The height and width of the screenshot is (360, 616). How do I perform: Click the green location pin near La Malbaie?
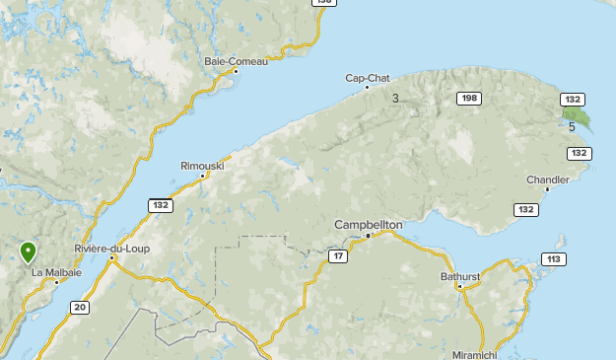pyautogui.click(x=28, y=253)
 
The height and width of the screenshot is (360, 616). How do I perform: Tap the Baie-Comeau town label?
pyautogui.click(x=236, y=61)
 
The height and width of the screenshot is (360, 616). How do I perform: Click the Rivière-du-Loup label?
pyautogui.click(x=111, y=249)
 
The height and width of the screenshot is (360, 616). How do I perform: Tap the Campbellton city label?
pyautogui.click(x=369, y=225)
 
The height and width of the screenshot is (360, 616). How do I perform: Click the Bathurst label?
pyautogui.click(x=459, y=277)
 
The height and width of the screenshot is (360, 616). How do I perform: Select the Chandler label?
pyautogui.click(x=547, y=180)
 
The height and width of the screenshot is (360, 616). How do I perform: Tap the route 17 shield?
pyautogui.click(x=338, y=257)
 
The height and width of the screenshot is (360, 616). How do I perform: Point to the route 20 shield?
pyautogui.click(x=79, y=308)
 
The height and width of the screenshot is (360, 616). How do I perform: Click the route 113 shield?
pyautogui.click(x=552, y=259)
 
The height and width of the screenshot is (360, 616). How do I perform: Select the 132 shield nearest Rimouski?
pyautogui.click(x=161, y=205)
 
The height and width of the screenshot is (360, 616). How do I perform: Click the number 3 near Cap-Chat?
pyautogui.click(x=395, y=98)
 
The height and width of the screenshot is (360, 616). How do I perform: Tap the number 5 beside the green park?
pyautogui.click(x=572, y=125)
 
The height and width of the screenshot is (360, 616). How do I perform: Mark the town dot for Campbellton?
pyautogui.click(x=368, y=236)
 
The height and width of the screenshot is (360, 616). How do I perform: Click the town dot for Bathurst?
pyautogui.click(x=460, y=287)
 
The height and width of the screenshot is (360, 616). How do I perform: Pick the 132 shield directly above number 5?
pyautogui.click(x=573, y=99)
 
